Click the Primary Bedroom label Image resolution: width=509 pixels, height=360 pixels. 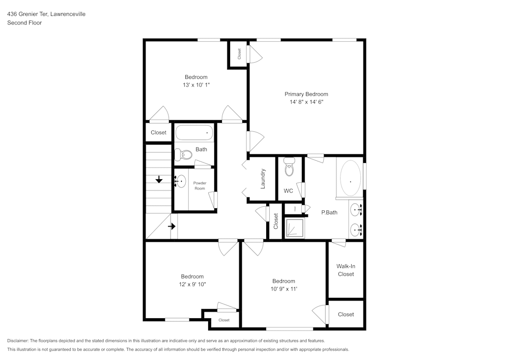point(306,94)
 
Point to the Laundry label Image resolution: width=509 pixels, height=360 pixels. point(263,179)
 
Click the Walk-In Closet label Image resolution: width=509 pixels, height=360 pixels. point(346,270)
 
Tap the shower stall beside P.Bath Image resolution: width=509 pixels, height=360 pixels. point(294,228)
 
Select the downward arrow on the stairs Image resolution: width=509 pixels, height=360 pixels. point(159,179)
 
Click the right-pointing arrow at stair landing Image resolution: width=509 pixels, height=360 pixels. point(173,226)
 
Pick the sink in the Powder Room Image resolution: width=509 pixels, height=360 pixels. point(181,180)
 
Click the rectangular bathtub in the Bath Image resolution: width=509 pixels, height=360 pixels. point(194,133)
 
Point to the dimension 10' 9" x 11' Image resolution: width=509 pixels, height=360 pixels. point(284,289)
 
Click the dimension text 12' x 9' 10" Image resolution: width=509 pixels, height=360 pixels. point(192,284)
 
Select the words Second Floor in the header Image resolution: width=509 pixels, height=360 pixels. point(24,23)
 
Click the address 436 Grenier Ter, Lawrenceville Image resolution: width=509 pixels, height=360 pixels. point(46,14)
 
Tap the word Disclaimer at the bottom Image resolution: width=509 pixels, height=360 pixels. point(18,341)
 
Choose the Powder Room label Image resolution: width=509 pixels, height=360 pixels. point(200,185)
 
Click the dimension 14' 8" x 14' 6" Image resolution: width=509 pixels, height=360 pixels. point(306,102)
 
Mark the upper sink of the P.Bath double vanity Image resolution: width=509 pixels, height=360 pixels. point(357,208)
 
